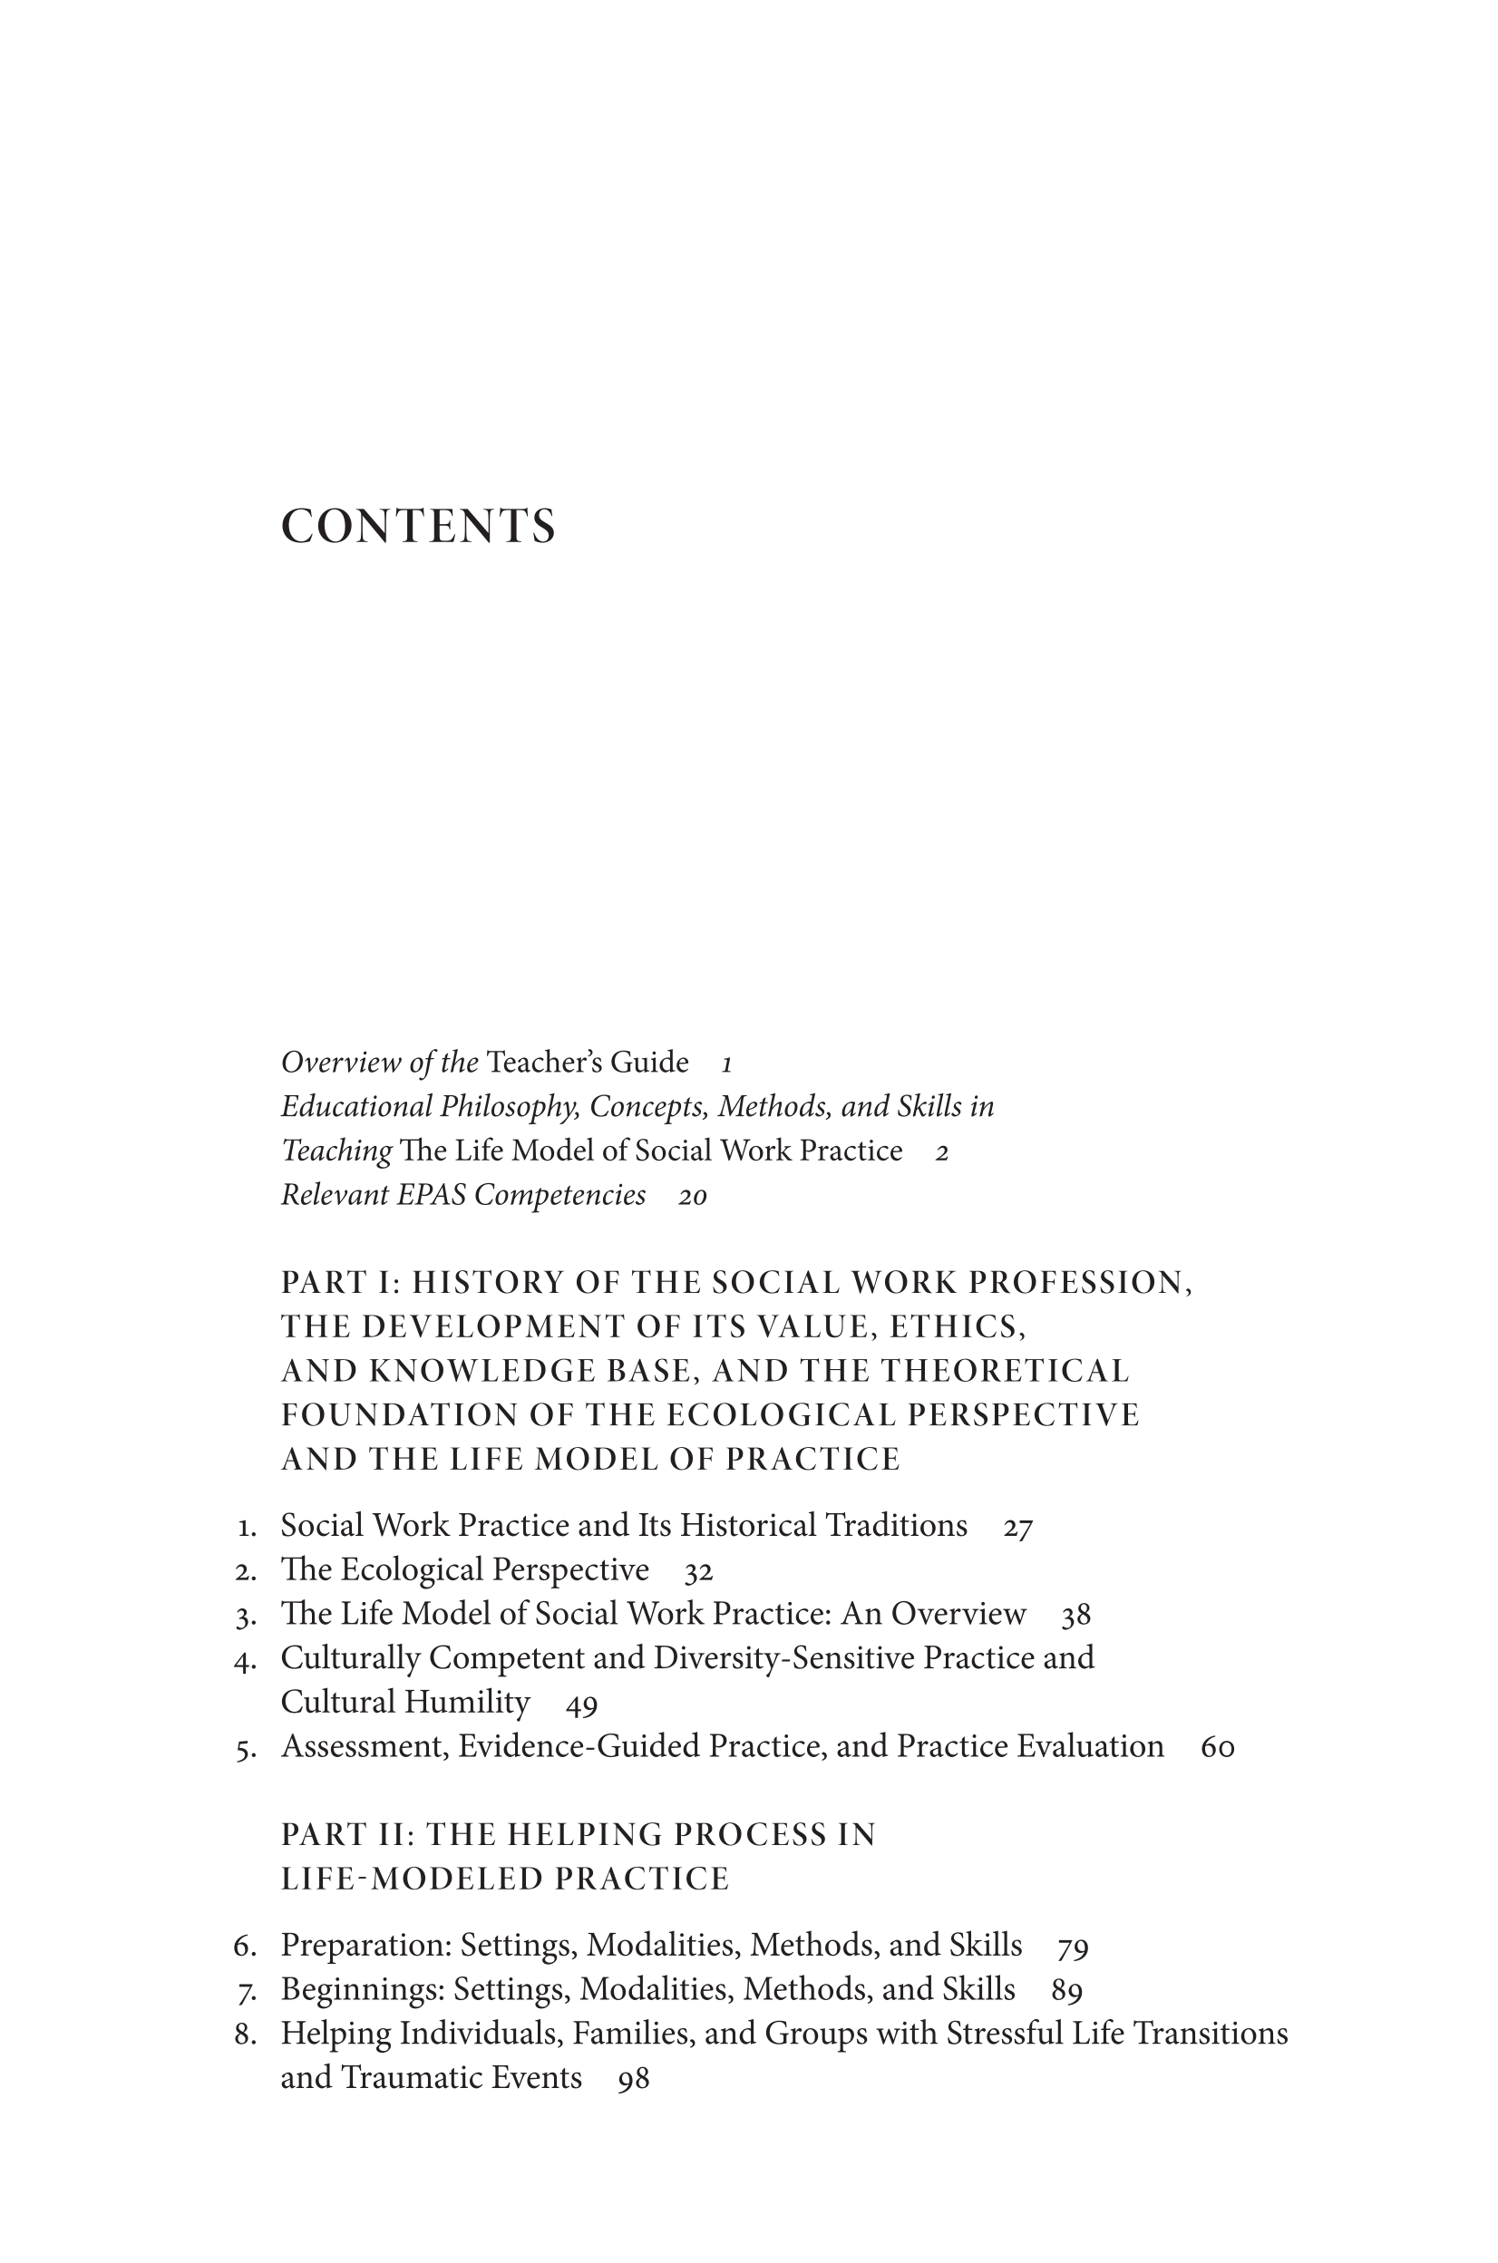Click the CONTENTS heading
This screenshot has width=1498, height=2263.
tap(417, 527)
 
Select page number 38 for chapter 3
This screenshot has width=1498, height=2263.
tap(1075, 1617)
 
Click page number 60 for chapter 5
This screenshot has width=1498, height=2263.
tap(1217, 1748)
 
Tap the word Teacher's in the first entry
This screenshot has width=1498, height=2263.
tap(536, 1063)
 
